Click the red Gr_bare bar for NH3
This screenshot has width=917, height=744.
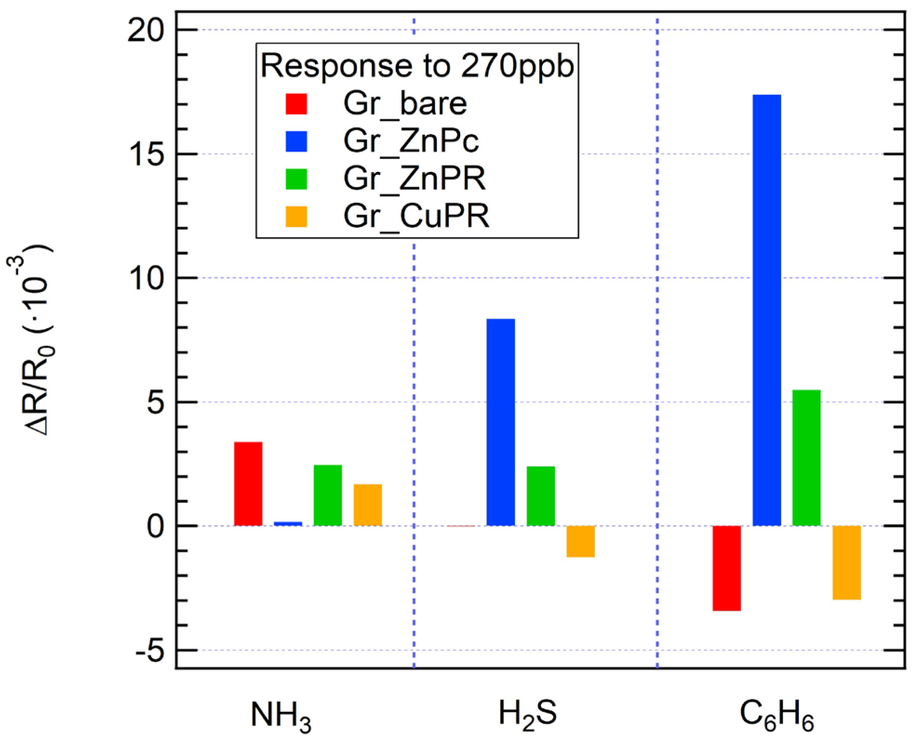coord(248,484)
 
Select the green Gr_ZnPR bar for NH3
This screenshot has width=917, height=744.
coord(328,495)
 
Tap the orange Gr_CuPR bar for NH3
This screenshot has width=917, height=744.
coord(368,505)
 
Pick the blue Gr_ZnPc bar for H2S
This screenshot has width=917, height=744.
coord(501,422)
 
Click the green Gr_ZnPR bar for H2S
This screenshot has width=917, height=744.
coord(541,496)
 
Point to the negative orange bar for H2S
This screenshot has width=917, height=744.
coord(580,541)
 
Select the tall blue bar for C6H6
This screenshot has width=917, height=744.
coord(766,310)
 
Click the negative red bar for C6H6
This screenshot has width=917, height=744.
coord(726,568)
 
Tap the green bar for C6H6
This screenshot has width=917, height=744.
coord(806,458)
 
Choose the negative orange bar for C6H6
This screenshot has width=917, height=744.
coord(846,563)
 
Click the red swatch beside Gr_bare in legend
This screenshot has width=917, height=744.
coord(296,104)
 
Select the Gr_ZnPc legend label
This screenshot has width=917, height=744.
coord(411,141)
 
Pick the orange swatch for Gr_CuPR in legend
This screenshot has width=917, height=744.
coord(296,216)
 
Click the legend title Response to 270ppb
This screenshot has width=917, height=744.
coord(417,66)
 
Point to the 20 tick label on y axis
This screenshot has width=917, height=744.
coord(146,31)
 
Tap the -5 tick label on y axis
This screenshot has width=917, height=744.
coord(150,651)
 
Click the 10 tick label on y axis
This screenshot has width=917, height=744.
coord(147,279)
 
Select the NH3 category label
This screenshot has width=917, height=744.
coord(281,716)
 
